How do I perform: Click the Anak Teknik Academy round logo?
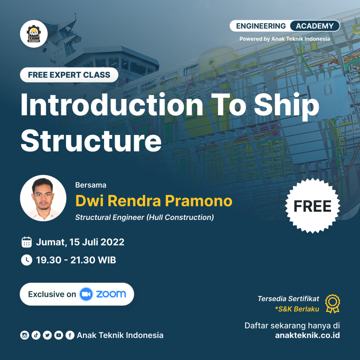click(34, 34)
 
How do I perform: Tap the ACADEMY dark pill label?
click(315, 26)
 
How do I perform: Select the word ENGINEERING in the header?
click(261, 26)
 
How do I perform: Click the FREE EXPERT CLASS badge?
click(69, 75)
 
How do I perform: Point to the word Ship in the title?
click(286, 106)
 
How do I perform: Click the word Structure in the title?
click(91, 140)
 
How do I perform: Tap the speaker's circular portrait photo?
click(43, 198)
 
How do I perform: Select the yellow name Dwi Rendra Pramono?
click(154, 201)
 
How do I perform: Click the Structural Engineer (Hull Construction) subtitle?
click(145, 217)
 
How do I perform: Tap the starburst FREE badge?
click(313, 206)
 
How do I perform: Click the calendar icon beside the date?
click(27, 242)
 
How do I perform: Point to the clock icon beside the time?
click(27, 260)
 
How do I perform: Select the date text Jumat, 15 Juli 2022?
click(80, 242)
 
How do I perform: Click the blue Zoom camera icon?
click(86, 294)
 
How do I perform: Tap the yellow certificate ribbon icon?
click(333, 304)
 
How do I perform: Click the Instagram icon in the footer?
click(24, 335)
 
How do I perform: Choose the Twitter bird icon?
click(47, 335)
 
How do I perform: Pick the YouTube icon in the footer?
click(59, 335)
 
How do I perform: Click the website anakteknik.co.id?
click(307, 335)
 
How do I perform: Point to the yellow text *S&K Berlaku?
click(297, 309)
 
